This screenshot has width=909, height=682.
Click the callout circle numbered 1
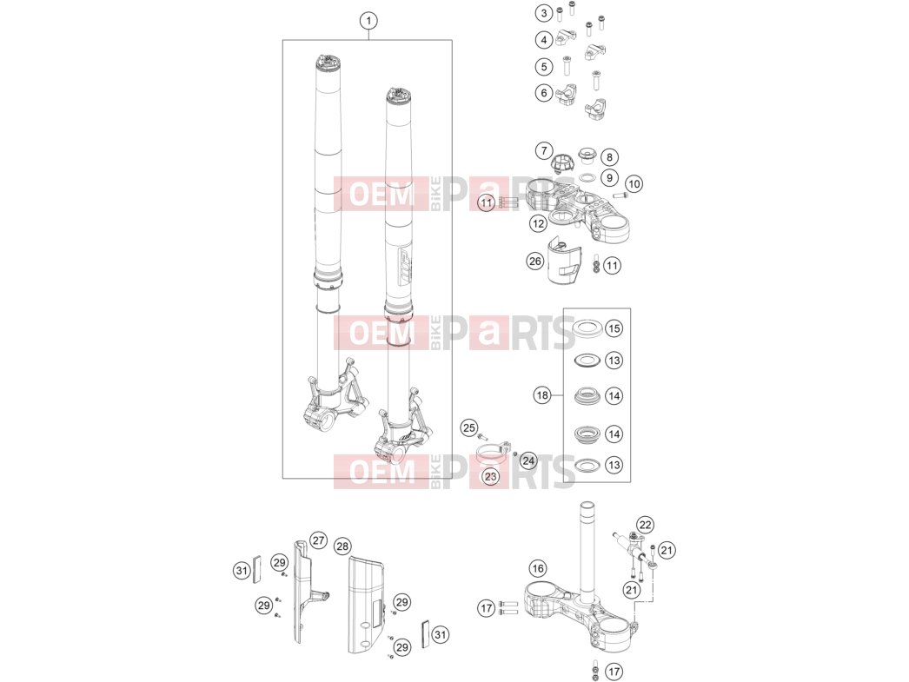(x=368, y=21)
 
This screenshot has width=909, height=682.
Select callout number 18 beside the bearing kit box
(x=542, y=395)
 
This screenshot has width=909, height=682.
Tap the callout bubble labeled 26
(x=534, y=262)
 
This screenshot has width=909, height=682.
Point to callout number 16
(x=537, y=568)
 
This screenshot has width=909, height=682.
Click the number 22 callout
(x=645, y=525)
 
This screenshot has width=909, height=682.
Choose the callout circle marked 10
(x=634, y=184)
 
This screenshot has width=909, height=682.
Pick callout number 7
(x=544, y=151)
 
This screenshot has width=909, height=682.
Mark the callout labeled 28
(x=342, y=546)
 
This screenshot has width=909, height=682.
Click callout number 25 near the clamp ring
(x=468, y=428)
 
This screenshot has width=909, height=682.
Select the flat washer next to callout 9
(x=587, y=177)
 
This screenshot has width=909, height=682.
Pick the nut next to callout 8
(x=587, y=156)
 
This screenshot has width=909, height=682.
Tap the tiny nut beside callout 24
(x=515, y=454)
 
